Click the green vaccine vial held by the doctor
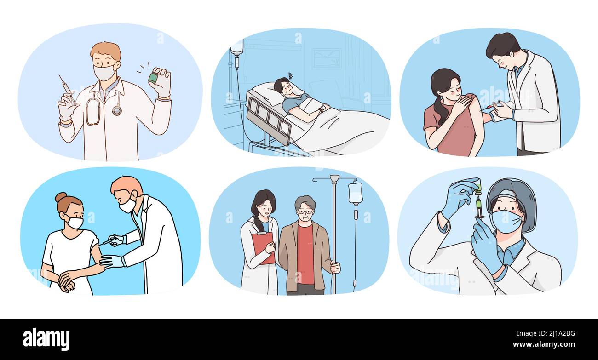(x=153, y=78)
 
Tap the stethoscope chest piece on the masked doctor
(x=117, y=110)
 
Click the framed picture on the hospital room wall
(x=327, y=59)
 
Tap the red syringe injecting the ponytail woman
(x=487, y=108)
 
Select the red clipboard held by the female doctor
(x=263, y=247)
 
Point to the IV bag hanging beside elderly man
(x=355, y=193)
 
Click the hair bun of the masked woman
(x=60, y=197)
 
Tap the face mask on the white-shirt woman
(x=75, y=223)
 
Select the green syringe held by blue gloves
(x=478, y=202)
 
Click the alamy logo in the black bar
(x=46, y=339)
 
